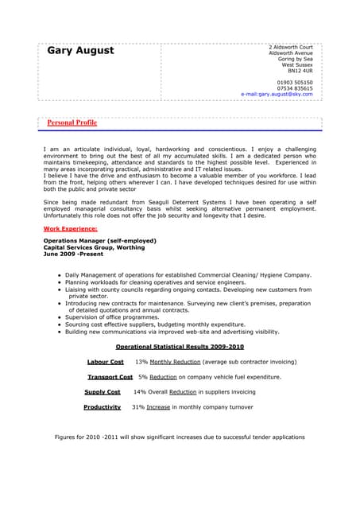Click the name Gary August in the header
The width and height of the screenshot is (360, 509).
coord(80,51)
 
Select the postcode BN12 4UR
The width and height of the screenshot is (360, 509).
coord(300,71)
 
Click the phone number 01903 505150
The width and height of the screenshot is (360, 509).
coord(295,82)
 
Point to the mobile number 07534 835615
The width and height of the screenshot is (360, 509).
coord(295,88)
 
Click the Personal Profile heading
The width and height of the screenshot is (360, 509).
coord(72,123)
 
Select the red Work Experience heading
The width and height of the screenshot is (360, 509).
coord(69,228)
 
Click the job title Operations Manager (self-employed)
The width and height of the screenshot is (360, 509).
coord(99,240)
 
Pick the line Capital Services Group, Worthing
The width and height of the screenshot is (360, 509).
coord(94,247)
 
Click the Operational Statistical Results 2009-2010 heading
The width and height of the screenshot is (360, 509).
coord(180,347)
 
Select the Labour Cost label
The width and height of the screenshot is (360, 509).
coord(105,362)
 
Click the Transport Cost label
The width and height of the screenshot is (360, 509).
coord(110,377)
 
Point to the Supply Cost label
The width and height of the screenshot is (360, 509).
coord(103,392)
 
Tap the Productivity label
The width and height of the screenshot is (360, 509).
coord(102,407)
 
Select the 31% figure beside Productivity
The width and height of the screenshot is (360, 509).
coord(137,407)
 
